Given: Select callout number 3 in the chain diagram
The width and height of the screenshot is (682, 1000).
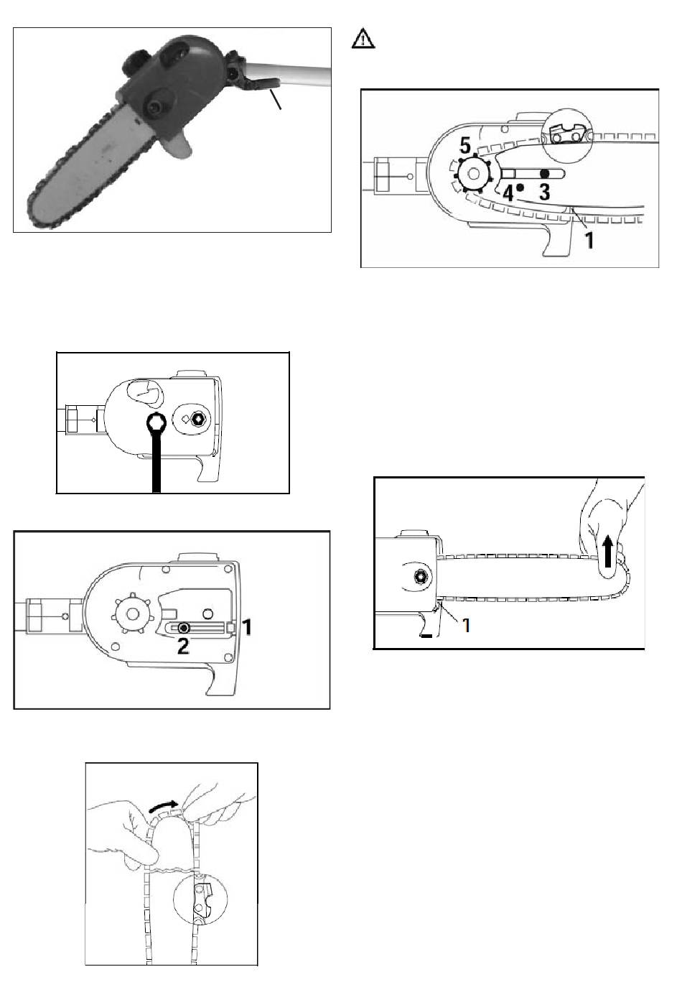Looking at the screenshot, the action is (545, 192).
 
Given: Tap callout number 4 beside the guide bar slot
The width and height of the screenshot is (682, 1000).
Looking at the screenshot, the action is (508, 193).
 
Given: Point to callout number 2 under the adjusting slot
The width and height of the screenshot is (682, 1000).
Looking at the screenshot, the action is (183, 647).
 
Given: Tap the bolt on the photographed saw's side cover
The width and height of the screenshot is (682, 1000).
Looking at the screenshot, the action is (154, 106).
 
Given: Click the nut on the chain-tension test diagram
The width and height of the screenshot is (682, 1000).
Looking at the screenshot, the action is (421, 577).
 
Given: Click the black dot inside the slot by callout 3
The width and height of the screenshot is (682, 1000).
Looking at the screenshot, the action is (545, 175).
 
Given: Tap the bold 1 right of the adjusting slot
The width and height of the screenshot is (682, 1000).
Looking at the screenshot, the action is (246, 627).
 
